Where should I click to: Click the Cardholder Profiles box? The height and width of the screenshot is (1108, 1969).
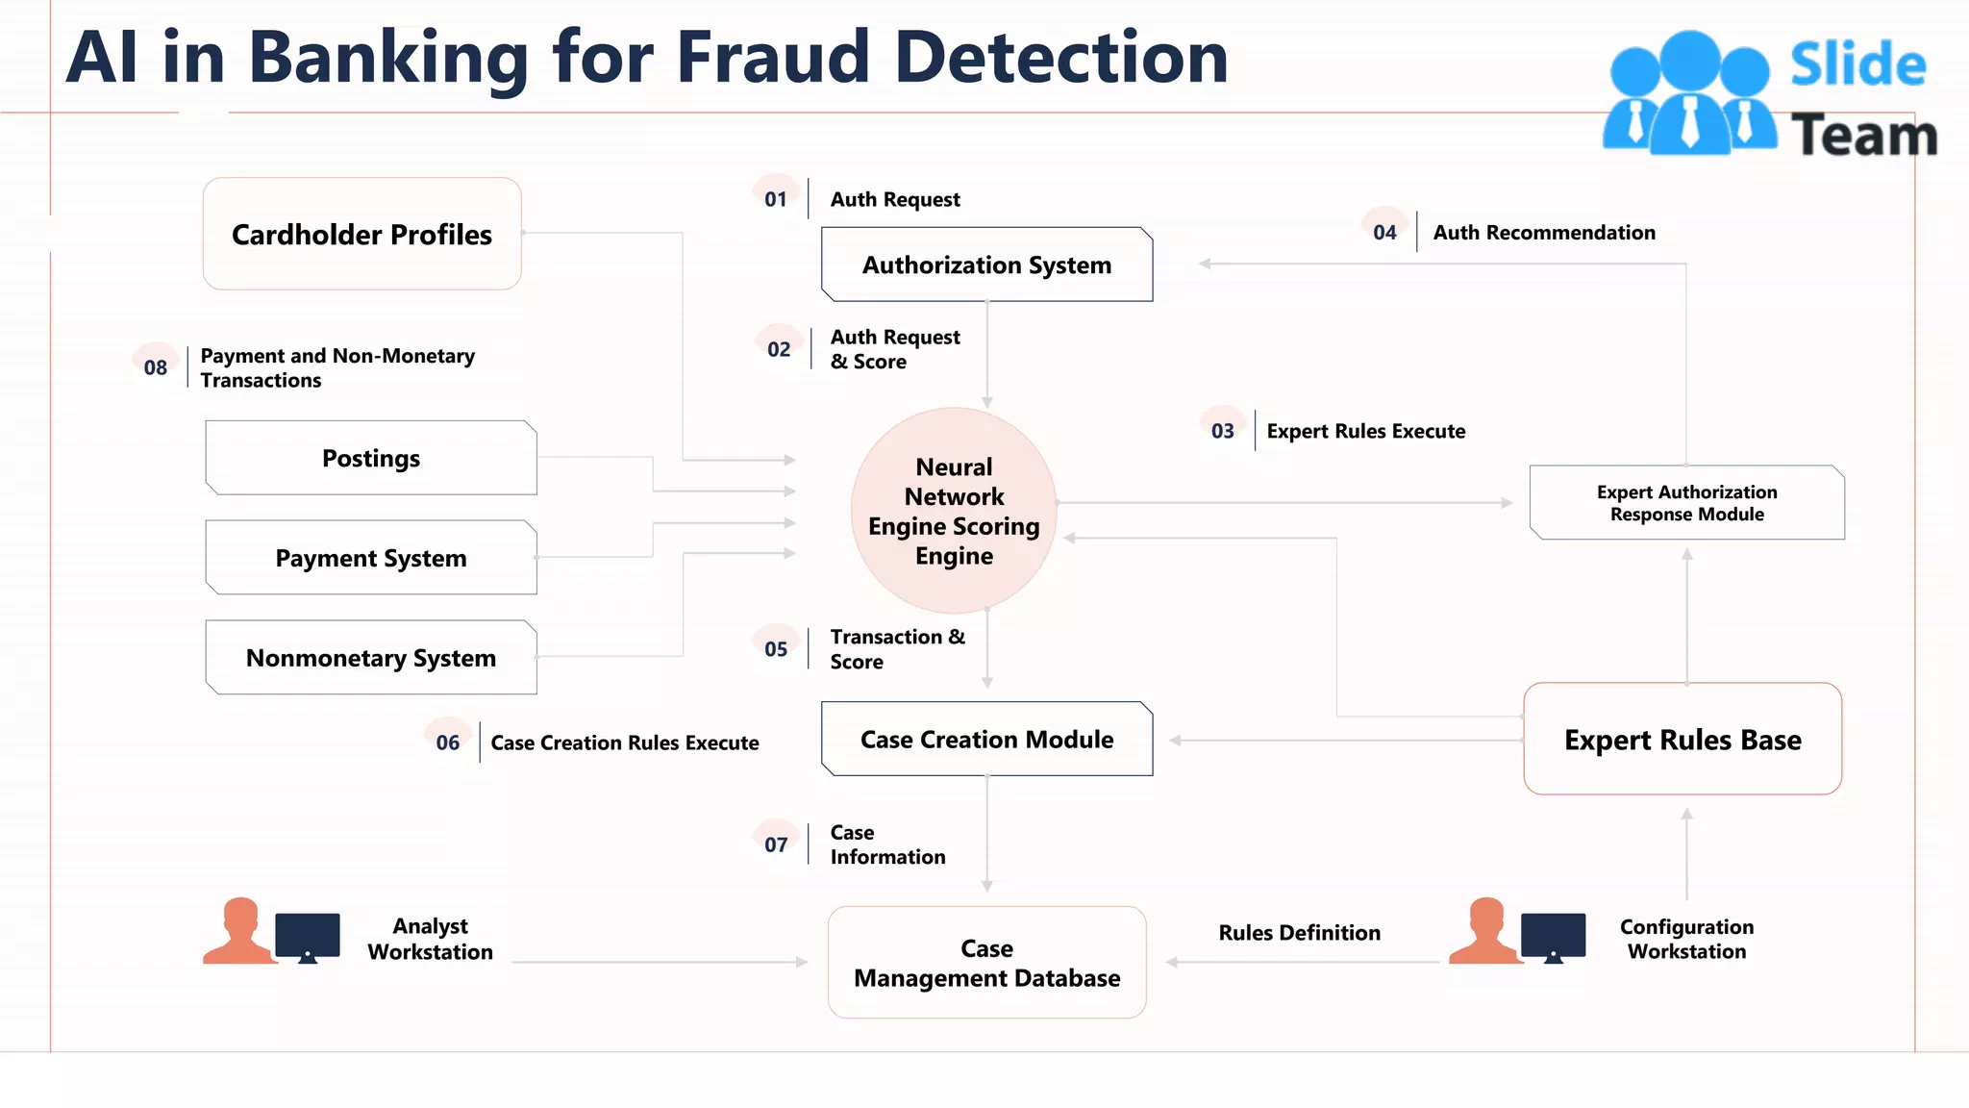[x=361, y=234]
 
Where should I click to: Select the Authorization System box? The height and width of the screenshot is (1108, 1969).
[x=986, y=264]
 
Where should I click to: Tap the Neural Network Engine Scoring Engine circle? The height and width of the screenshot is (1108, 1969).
[x=954, y=511]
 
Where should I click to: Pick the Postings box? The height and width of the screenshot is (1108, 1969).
[x=371, y=458]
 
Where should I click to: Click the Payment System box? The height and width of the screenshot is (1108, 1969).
[x=371, y=558]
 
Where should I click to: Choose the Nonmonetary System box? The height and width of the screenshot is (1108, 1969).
[x=371, y=658]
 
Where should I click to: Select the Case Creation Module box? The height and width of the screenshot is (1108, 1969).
[x=986, y=739]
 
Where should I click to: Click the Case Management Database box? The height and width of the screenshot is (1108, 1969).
[x=986, y=962]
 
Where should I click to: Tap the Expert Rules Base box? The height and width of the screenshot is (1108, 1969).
[x=1682, y=739]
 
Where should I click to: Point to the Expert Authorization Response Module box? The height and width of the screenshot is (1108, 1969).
[x=1686, y=503]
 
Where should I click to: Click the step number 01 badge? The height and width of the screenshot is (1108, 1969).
[x=776, y=198]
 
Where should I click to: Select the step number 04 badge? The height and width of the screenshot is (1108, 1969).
[x=1384, y=231]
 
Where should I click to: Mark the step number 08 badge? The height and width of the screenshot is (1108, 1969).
[x=156, y=366]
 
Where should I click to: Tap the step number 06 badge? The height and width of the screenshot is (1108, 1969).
[x=448, y=742]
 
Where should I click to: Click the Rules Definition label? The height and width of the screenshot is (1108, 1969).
[x=1299, y=932]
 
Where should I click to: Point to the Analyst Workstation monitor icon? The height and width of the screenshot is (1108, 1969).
[x=308, y=936]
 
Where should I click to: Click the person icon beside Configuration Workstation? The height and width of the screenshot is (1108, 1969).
[x=1485, y=930]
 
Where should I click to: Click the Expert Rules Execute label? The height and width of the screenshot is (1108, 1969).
[x=1365, y=431]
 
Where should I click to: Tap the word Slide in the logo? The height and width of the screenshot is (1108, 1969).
[x=1857, y=65]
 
